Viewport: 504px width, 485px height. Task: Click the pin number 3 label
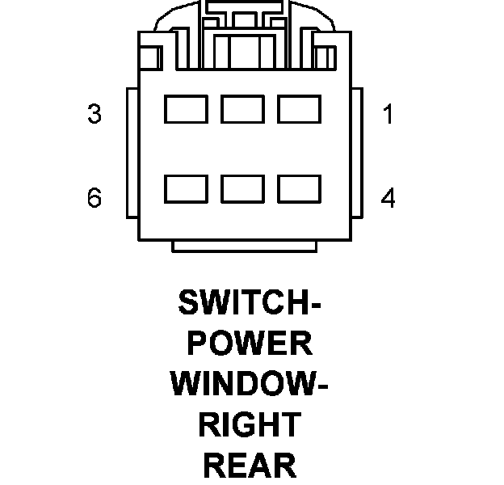tap(94, 114)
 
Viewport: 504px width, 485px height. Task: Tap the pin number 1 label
tap(388, 115)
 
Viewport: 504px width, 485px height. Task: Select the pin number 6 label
tap(94, 197)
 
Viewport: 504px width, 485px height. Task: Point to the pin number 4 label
tap(388, 198)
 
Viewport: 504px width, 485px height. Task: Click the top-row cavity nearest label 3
tap(186, 109)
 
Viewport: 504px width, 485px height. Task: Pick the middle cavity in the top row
tap(242, 109)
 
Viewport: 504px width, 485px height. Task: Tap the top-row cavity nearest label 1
tap(299, 109)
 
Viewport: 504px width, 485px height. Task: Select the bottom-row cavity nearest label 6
tap(186, 188)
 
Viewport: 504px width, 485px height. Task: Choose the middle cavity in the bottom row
tap(242, 188)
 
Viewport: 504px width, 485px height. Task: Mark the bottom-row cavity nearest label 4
tap(299, 188)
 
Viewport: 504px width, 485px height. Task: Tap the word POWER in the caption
tap(250, 344)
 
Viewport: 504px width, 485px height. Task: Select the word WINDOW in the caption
tap(240, 384)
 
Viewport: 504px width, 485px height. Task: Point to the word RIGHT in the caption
tap(250, 424)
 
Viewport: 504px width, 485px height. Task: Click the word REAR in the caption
tap(250, 465)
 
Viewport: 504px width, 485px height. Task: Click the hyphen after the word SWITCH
tap(316, 306)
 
